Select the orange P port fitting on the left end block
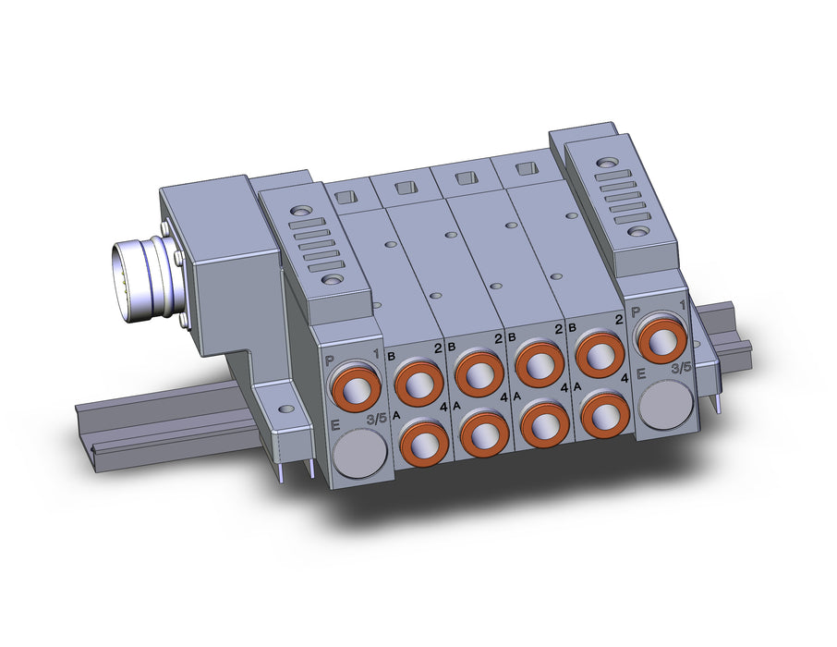355,386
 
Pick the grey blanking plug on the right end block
665,404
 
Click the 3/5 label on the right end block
681,368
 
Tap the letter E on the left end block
335,426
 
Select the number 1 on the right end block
682,306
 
